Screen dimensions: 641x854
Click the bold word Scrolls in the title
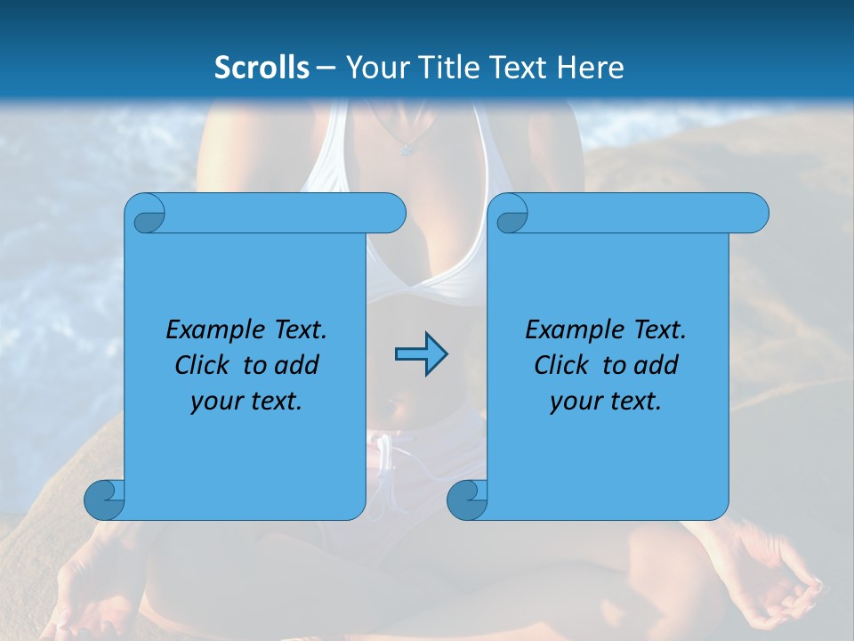tap(262, 68)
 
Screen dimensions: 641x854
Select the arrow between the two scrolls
tap(421, 354)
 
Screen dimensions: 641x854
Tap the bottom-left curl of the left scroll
tap(105, 499)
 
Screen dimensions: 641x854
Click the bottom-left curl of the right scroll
tap(467, 499)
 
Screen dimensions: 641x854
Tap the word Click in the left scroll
tap(204, 365)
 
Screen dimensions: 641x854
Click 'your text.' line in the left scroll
tap(246, 402)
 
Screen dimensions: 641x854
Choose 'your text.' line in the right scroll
tap(606, 402)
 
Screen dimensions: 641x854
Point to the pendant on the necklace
tap(407, 149)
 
